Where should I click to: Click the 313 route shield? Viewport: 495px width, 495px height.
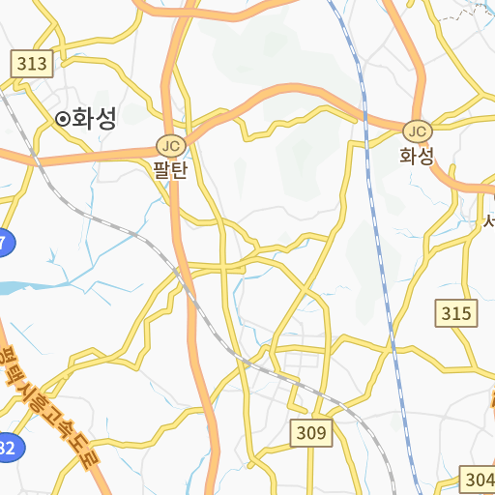(32, 65)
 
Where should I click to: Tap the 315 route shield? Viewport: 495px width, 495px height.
(456, 312)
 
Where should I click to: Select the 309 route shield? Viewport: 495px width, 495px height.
(311, 433)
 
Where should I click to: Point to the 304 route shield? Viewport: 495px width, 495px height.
(479, 480)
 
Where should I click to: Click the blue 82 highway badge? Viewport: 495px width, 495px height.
(7, 447)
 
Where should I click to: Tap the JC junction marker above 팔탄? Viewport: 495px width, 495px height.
(170, 146)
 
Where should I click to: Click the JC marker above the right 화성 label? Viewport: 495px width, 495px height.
(417, 131)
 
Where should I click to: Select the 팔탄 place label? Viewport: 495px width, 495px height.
(170, 170)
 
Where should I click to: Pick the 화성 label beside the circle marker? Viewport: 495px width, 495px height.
(95, 118)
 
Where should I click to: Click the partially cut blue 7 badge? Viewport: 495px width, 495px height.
(5, 244)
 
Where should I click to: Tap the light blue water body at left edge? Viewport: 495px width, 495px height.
(15, 287)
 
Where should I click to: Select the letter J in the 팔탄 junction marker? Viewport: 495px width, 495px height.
(165, 146)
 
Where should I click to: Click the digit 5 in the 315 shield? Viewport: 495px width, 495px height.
(467, 312)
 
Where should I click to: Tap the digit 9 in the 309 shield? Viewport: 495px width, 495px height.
(321, 433)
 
